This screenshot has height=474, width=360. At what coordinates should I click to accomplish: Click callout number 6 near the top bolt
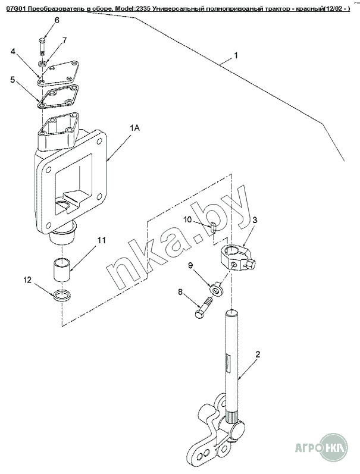pyautogui.click(x=57, y=21)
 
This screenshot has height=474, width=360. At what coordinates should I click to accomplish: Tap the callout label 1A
pyautogui.click(x=135, y=128)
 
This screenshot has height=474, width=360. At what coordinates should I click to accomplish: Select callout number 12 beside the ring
pyautogui.click(x=27, y=280)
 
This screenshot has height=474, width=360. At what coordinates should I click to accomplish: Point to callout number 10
pyautogui.click(x=187, y=219)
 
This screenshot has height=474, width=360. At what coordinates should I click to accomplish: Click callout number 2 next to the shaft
pyautogui.click(x=258, y=354)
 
